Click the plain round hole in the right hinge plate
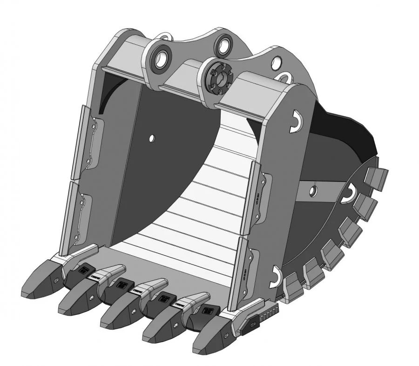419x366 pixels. click(x=277, y=61)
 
